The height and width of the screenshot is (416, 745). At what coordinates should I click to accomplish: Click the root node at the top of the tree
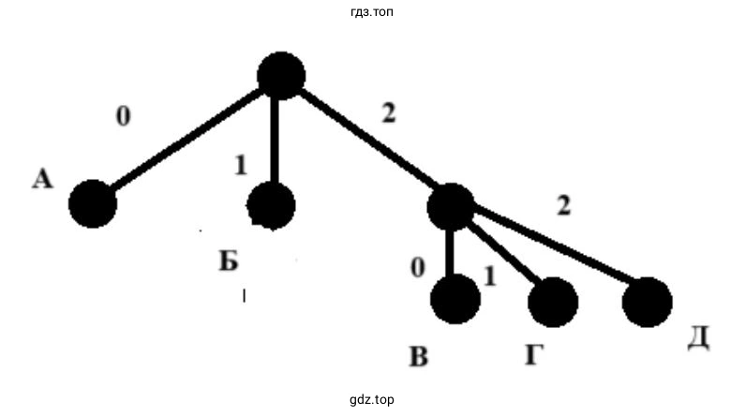pos(280,75)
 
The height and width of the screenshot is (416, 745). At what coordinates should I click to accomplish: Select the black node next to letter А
pos(92,203)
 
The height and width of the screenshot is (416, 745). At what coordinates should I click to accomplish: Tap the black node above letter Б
pos(272,204)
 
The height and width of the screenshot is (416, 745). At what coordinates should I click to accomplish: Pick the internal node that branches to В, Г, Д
pos(451,206)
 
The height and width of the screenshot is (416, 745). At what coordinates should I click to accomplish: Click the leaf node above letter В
pos(455,299)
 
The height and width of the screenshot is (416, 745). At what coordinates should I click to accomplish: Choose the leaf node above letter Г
pos(553,302)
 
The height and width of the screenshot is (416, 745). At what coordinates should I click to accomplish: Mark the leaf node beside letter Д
pos(648,303)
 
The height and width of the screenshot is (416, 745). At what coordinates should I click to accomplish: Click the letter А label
pos(41,179)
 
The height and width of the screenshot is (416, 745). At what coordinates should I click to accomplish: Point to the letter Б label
pos(230,260)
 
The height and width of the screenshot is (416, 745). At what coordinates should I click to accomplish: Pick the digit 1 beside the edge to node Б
pos(240,165)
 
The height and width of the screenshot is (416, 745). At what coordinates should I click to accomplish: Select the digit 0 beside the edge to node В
pos(418,268)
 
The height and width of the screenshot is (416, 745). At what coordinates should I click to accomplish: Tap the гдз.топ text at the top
pos(372,12)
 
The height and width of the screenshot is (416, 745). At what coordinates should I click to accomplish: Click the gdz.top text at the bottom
pos(372,400)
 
